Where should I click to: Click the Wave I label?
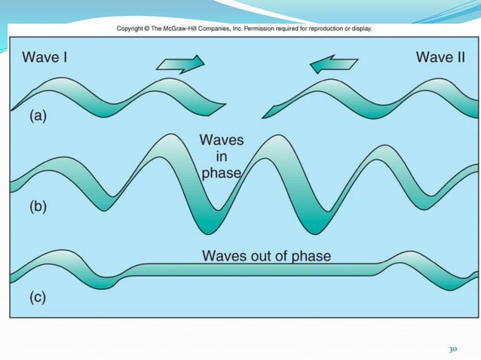coord(46,56)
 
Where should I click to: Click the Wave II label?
coord(440,56)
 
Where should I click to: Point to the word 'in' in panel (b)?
coord(220,157)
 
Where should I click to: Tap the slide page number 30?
coord(453,349)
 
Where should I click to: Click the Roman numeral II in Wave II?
coord(461,56)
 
